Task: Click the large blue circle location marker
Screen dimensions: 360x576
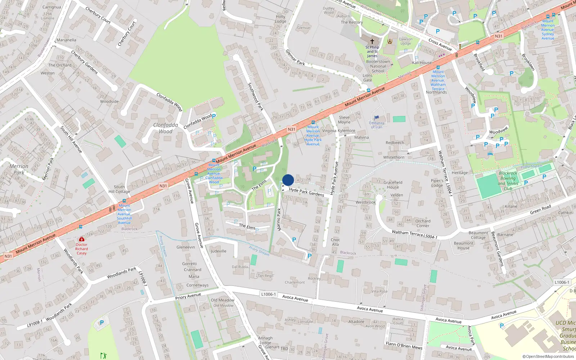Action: click(x=288, y=180)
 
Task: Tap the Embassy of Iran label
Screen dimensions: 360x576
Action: click(x=377, y=125)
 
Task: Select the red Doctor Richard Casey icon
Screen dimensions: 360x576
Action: click(x=82, y=239)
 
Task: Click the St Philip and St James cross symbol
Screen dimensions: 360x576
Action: click(x=372, y=41)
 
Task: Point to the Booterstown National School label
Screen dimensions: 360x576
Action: click(x=378, y=66)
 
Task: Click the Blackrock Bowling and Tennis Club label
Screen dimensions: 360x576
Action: click(x=508, y=181)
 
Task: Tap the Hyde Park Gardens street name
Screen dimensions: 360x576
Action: click(x=306, y=192)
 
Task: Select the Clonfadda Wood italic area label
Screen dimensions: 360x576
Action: click(x=166, y=128)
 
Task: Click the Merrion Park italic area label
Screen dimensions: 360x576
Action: click(x=19, y=169)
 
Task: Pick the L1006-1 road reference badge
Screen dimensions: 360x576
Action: click(x=268, y=294)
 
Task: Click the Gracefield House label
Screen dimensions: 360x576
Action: click(x=393, y=185)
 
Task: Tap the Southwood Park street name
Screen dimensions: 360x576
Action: click(x=256, y=96)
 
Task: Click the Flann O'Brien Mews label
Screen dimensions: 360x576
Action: click(x=404, y=346)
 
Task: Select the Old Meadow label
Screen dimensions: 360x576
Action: click(x=222, y=300)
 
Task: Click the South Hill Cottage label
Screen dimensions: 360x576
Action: click(x=119, y=189)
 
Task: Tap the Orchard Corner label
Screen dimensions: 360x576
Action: click(x=423, y=224)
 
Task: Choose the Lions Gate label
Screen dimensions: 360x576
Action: click(x=368, y=78)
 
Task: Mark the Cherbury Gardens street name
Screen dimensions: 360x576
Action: click(x=85, y=62)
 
